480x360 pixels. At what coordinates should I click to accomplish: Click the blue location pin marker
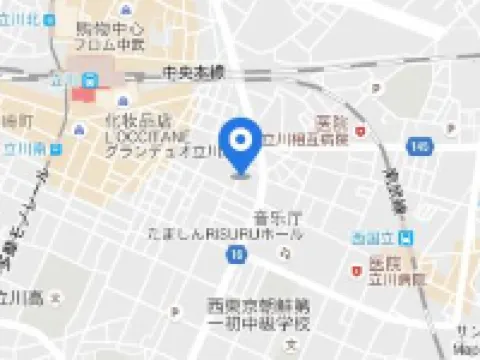(x=240, y=146)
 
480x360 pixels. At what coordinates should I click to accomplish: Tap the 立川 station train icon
(x=90, y=79)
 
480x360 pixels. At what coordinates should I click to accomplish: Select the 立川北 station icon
(x=50, y=19)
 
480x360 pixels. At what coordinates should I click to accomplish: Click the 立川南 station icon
(x=56, y=148)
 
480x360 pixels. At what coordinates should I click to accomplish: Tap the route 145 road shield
(x=417, y=147)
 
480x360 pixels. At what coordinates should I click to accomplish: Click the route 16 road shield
(x=235, y=256)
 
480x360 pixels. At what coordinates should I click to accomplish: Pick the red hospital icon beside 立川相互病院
(x=359, y=129)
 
